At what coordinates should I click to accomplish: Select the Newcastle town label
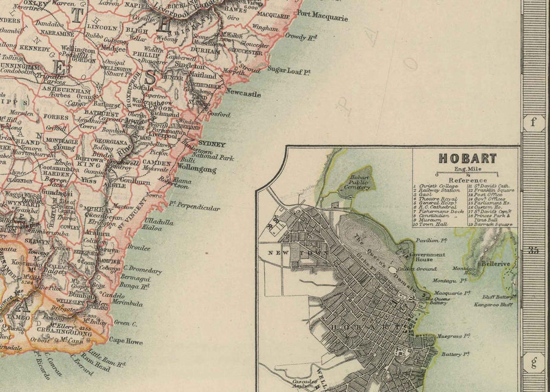[x=243, y=94]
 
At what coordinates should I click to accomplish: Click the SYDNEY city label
[x=212, y=144]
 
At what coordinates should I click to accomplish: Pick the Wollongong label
[x=197, y=169]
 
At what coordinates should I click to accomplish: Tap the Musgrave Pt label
[x=453, y=336]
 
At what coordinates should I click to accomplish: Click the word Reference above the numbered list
[x=468, y=180]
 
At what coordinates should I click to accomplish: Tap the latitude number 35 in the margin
[x=533, y=248]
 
